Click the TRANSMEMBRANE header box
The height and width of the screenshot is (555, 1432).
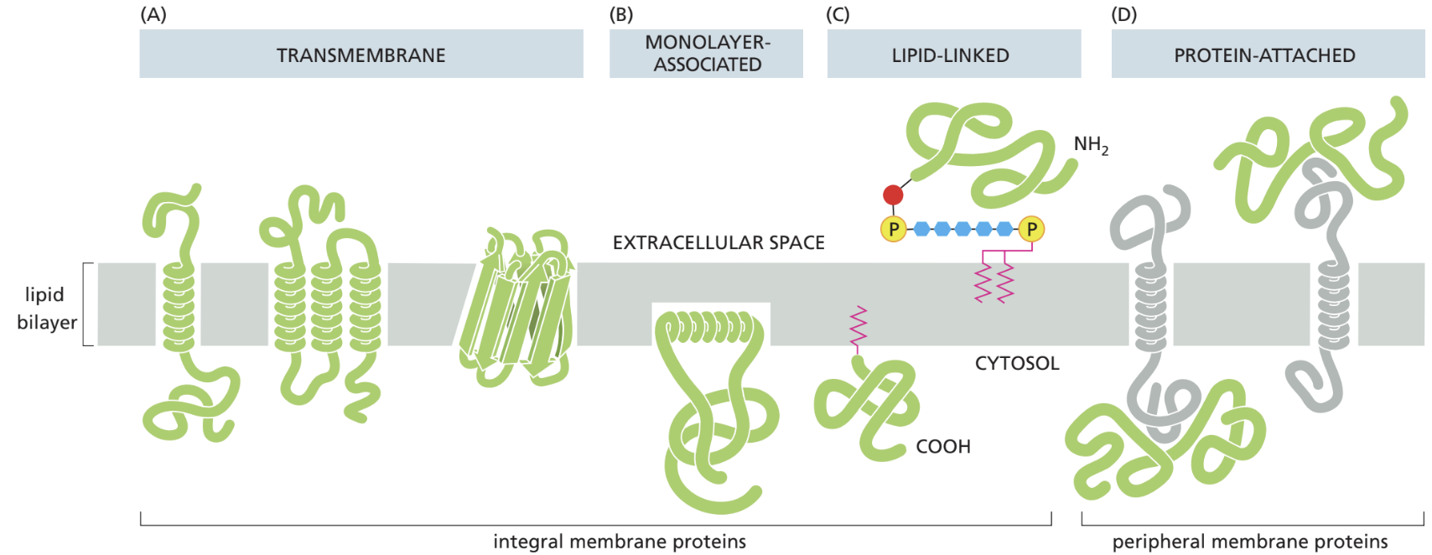pos(361,54)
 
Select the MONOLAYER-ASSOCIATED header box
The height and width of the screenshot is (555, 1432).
pos(706,54)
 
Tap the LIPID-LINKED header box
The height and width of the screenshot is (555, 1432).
pos(953,54)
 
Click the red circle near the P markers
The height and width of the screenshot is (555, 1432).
pos(893,195)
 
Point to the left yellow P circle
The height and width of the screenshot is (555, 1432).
pos(894,229)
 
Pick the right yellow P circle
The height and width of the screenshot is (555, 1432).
pos(1031,229)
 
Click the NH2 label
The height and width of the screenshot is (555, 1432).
pos(1090,145)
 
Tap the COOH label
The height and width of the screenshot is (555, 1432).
pos(942,447)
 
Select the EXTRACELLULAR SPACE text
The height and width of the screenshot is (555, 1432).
pos(719,243)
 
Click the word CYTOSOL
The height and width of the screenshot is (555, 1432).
pos(1016,364)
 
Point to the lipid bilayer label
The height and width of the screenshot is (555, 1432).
pos(46,308)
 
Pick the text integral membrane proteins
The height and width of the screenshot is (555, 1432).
pos(619,542)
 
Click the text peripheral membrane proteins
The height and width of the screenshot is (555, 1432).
pos(1249,542)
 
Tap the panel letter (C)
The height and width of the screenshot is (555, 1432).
pos(837,14)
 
